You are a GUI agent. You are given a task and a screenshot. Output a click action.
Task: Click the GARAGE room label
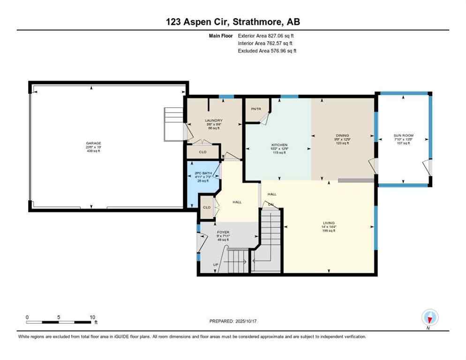(93, 143)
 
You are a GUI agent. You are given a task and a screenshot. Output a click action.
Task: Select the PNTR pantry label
(256, 109)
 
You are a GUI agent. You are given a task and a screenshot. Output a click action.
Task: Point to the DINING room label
(342, 135)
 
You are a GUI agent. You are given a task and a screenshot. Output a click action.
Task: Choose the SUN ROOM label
(403, 135)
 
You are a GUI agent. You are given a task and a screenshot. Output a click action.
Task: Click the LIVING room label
(328, 223)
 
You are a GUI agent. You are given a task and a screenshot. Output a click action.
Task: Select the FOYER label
(223, 232)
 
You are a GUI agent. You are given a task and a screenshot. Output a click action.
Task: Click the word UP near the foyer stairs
(216, 265)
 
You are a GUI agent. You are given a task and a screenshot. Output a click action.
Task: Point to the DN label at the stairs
(271, 204)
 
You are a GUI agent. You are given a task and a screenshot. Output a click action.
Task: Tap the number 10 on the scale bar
(92, 317)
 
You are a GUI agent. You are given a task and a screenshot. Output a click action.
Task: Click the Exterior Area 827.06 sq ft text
(266, 36)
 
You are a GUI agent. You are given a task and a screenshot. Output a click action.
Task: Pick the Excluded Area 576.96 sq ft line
(267, 51)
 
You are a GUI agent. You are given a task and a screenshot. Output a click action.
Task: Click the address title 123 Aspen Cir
(233, 22)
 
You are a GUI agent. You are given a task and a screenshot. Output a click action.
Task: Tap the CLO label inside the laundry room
(203, 152)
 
